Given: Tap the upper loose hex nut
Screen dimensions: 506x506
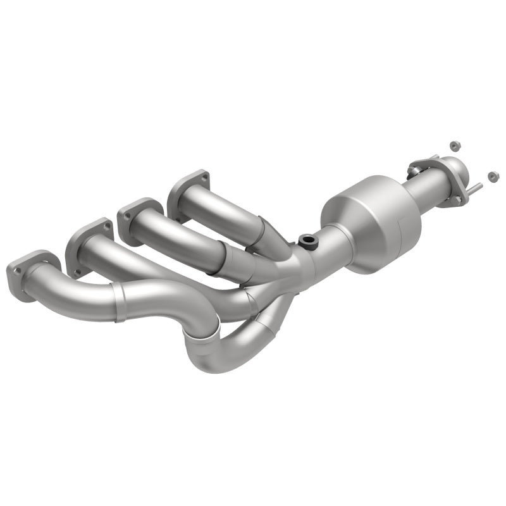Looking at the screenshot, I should pos(454,145).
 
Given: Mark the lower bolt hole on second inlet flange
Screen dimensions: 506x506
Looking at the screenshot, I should pos(78,271).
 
